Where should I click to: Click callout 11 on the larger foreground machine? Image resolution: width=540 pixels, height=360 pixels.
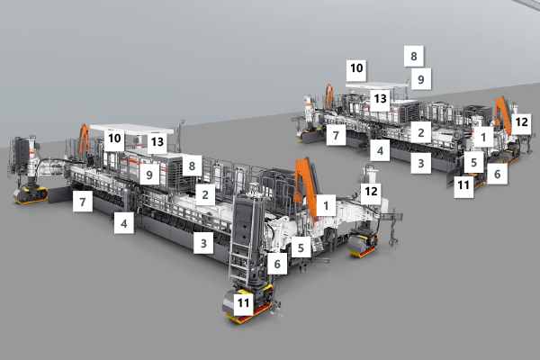tap(244, 302)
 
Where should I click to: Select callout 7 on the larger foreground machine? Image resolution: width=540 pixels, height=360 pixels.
tap(83, 202)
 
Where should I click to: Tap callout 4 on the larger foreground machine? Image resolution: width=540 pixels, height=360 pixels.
tap(124, 223)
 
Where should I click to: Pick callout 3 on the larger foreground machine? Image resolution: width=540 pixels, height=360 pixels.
tap(203, 243)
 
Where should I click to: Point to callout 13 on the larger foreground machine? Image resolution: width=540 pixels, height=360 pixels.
tap(157, 141)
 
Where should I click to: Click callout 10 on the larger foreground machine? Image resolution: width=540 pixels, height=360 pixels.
tap(114, 139)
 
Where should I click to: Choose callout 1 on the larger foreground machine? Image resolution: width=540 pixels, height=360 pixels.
tap(326, 206)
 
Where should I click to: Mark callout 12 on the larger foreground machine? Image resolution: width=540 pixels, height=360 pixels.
tap(371, 191)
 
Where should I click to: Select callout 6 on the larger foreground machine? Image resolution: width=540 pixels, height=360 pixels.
tap(277, 265)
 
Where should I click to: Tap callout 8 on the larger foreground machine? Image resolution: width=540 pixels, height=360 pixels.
tap(192, 166)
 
